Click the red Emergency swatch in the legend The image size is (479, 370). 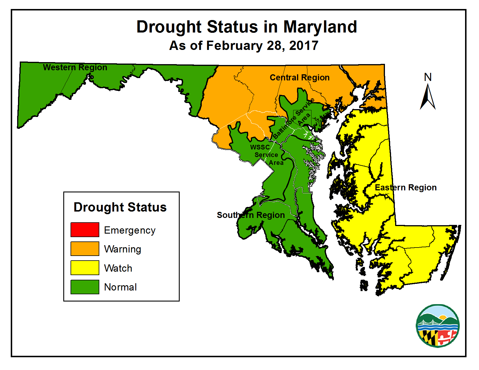[85, 230]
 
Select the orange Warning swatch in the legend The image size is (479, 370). [85, 249]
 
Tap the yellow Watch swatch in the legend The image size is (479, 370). [85, 268]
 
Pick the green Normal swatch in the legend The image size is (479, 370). [85, 287]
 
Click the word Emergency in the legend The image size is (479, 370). [129, 230]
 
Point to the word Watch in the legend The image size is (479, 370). [118, 268]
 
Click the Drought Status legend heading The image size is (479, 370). [120, 207]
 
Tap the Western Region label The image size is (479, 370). [75, 67]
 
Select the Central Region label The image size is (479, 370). [300, 77]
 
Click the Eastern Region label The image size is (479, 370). [406, 187]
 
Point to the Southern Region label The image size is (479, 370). [251, 215]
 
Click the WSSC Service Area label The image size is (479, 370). [266, 155]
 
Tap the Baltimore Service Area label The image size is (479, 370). [294, 118]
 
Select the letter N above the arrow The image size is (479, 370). [428, 77]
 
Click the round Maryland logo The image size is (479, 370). [437, 326]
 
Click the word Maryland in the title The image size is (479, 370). [320, 27]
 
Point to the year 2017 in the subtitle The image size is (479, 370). [304, 46]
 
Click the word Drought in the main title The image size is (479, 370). [169, 27]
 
